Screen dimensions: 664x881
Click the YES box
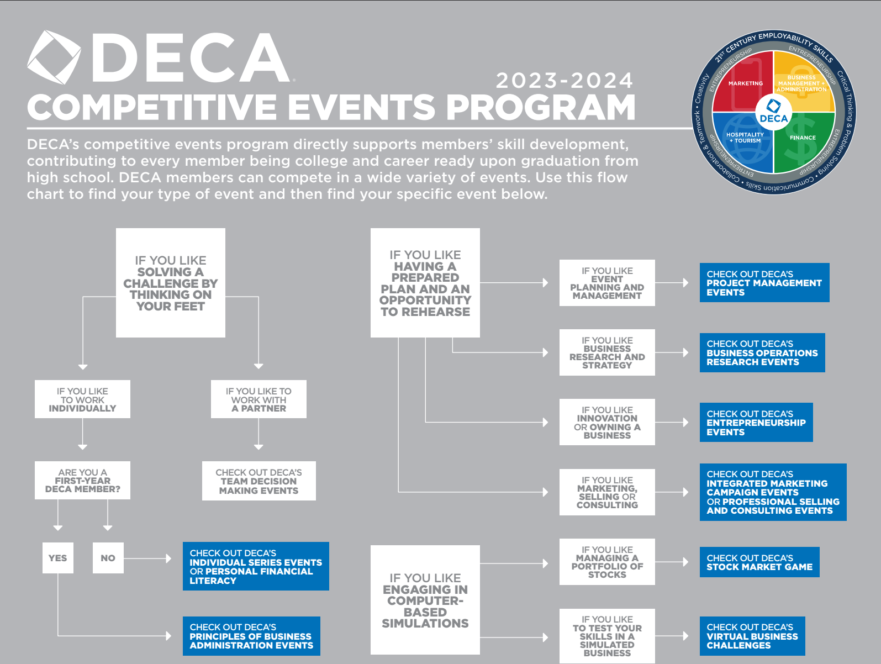[58, 558]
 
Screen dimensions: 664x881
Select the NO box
[108, 558]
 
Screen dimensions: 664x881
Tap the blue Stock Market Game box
[759, 562]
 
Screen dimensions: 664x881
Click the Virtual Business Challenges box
[752, 636]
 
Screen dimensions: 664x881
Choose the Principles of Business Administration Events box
[251, 636]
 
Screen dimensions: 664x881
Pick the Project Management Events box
[764, 283]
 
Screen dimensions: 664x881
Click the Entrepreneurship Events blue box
[756, 423]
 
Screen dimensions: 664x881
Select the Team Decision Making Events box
[259, 481]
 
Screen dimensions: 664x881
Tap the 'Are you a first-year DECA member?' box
[82, 481]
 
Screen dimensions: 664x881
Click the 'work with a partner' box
[259, 399]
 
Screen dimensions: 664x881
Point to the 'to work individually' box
[82, 399]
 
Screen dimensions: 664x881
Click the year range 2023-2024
[564, 81]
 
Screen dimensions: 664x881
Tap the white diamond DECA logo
[54, 57]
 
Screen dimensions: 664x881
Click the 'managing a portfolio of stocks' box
[607, 562]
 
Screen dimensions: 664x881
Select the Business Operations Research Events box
[762, 353]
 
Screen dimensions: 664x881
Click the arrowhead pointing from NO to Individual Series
[168, 558]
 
